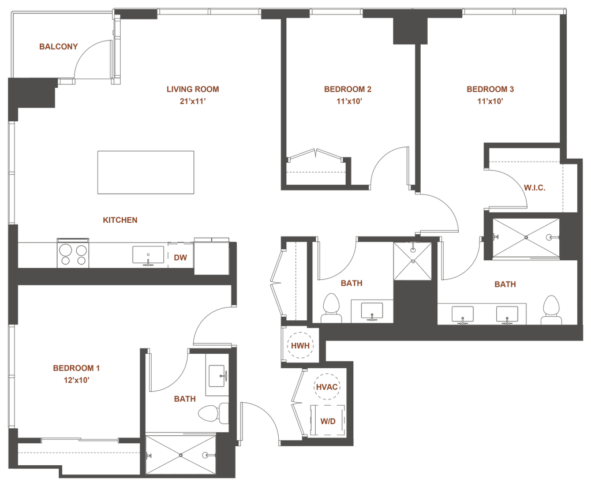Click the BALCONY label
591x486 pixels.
point(58,47)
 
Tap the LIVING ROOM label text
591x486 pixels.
point(185,90)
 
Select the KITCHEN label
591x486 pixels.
point(119,220)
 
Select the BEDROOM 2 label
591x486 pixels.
point(489,90)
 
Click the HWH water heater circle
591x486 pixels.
point(300,346)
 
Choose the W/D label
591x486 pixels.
point(327,421)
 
